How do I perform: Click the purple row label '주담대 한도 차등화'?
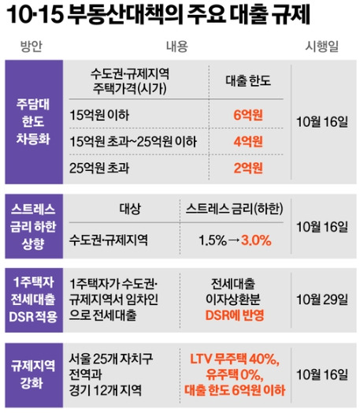[32, 121]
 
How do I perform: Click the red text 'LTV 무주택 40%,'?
[236, 359]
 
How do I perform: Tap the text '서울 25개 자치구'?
[115, 359]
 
